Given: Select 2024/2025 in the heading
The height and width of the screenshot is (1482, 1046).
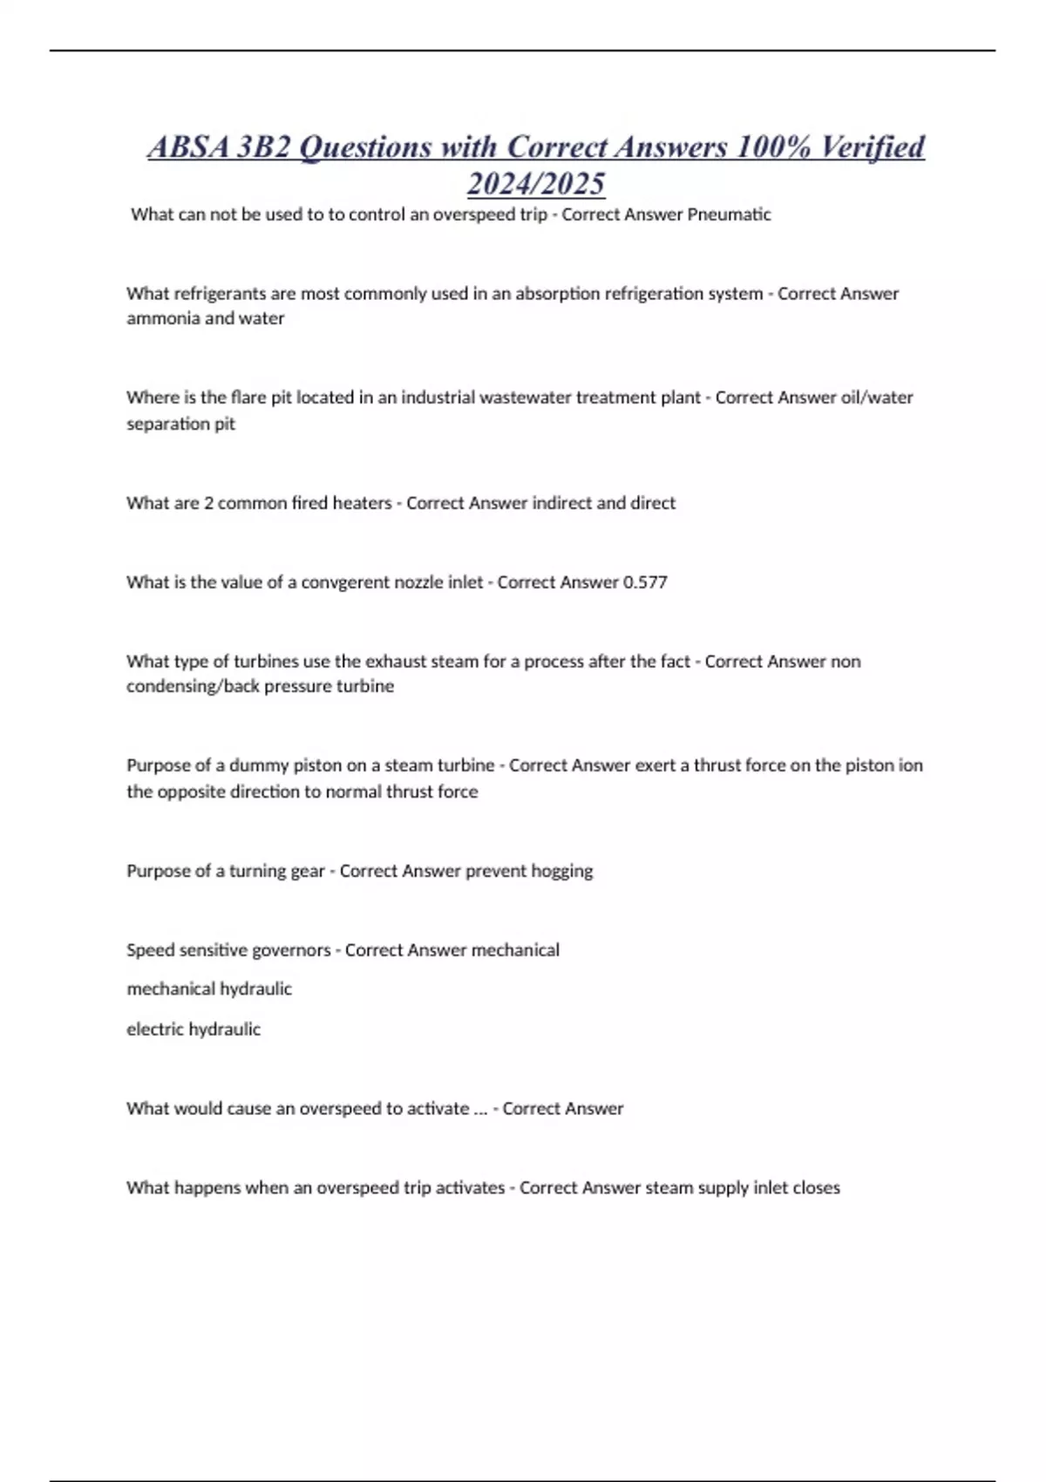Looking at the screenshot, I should pos(535,183).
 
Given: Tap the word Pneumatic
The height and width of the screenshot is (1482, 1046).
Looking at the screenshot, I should pos(729,214).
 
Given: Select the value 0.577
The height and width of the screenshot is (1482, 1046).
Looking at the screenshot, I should pos(645,582).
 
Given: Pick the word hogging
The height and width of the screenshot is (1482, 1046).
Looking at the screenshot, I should pos(560,871).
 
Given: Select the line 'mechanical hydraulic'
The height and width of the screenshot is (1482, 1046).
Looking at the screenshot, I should pos(209,989).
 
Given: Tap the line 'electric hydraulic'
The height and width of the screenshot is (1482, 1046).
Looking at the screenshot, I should pos(194,1029).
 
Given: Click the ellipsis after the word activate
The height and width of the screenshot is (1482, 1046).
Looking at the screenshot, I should pos(479,1109).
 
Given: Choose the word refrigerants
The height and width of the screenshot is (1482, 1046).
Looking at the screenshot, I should pos(218,294).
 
